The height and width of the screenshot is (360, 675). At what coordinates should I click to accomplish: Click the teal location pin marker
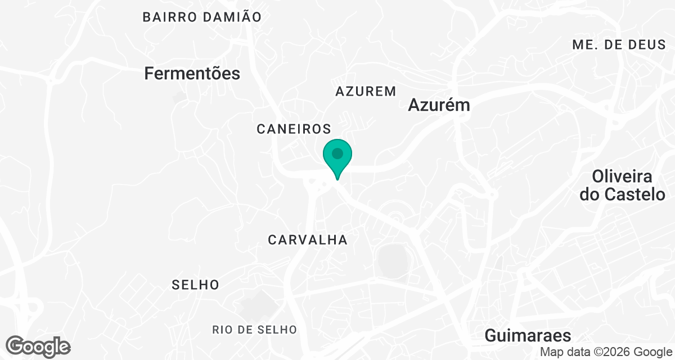click(x=337, y=154)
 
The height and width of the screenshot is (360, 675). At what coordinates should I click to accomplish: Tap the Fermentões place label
click(x=192, y=73)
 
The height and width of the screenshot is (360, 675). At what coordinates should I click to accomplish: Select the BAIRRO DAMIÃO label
click(x=202, y=17)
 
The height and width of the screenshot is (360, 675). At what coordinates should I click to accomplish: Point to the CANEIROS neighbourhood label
click(x=294, y=129)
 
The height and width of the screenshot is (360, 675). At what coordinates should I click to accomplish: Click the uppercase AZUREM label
click(x=366, y=91)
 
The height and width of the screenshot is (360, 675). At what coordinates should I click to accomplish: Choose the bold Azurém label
click(x=439, y=105)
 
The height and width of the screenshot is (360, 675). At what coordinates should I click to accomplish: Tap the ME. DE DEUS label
click(x=619, y=45)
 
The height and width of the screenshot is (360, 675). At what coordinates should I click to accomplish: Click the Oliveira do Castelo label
click(x=622, y=186)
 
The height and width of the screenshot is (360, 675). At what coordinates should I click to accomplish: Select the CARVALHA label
click(x=308, y=240)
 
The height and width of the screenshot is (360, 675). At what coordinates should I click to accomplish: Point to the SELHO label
click(x=195, y=285)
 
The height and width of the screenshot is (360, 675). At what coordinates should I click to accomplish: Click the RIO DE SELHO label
click(x=254, y=330)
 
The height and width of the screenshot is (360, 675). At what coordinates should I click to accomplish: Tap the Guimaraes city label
click(x=528, y=336)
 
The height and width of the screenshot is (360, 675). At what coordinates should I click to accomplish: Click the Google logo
click(x=38, y=346)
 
